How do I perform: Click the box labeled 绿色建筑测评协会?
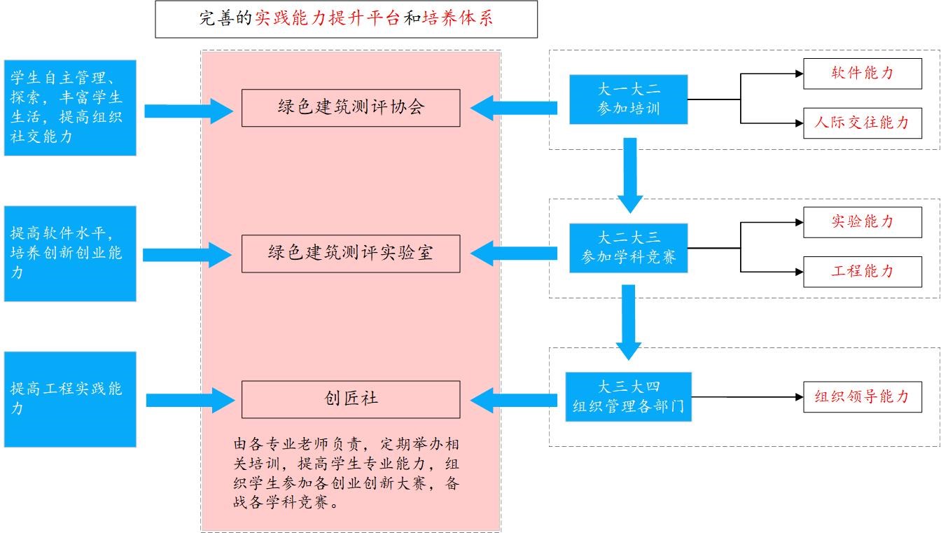pos(351,108)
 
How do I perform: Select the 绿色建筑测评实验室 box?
pos(351,254)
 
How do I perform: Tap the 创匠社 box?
pos(351,399)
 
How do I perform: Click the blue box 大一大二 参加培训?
pos(628,99)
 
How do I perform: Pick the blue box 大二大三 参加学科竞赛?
pos(628,248)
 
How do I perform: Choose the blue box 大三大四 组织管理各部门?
pos(628,396)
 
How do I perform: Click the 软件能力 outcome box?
pos(862,74)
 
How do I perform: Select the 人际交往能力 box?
pos(862,123)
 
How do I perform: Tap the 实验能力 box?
pos(862,222)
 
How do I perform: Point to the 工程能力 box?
pos(862,272)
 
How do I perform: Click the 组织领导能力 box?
pos(862,397)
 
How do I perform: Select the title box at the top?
pos(346,20)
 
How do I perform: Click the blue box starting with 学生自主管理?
pos(70,107)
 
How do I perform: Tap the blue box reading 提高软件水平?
pos(70,254)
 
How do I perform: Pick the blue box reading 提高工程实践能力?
pos(70,399)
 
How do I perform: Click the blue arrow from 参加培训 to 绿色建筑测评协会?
pos(514,108)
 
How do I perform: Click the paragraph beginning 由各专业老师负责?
pos(347,473)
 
